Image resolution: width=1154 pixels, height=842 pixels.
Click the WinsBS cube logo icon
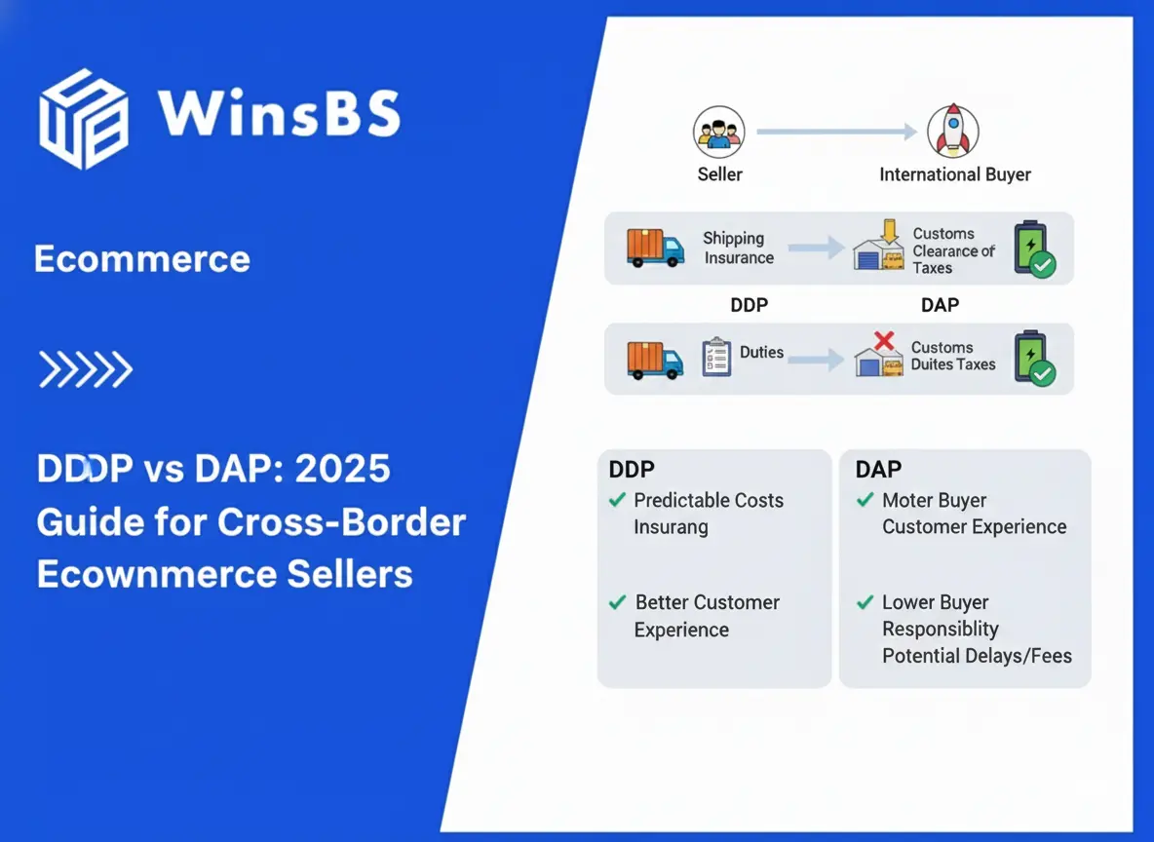click(83, 120)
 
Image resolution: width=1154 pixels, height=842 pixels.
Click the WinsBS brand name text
click(280, 113)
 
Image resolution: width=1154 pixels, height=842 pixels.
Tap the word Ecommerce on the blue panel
click(142, 259)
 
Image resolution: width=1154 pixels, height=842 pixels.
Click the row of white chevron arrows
click(85, 369)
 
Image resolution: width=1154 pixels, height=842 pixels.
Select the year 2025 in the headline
click(342, 470)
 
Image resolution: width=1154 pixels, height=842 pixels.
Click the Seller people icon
click(719, 132)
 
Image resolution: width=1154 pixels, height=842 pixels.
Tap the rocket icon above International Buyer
click(951, 132)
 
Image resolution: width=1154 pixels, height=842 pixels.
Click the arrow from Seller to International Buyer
click(836, 132)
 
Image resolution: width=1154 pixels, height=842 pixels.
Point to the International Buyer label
click(954, 175)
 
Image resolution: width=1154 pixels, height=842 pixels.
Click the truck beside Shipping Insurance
click(655, 248)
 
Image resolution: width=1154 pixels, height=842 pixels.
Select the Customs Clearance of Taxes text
click(952, 250)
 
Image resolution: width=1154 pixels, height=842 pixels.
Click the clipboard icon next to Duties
click(716, 358)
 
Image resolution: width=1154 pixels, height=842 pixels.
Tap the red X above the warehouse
click(884, 341)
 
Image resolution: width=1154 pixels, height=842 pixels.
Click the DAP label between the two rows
click(940, 305)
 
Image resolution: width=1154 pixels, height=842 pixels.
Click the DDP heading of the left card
click(632, 469)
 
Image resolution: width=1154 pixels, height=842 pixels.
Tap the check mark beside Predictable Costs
click(617, 500)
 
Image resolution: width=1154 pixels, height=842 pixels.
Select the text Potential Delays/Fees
click(977, 656)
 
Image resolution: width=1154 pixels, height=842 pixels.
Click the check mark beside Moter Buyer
click(865, 500)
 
